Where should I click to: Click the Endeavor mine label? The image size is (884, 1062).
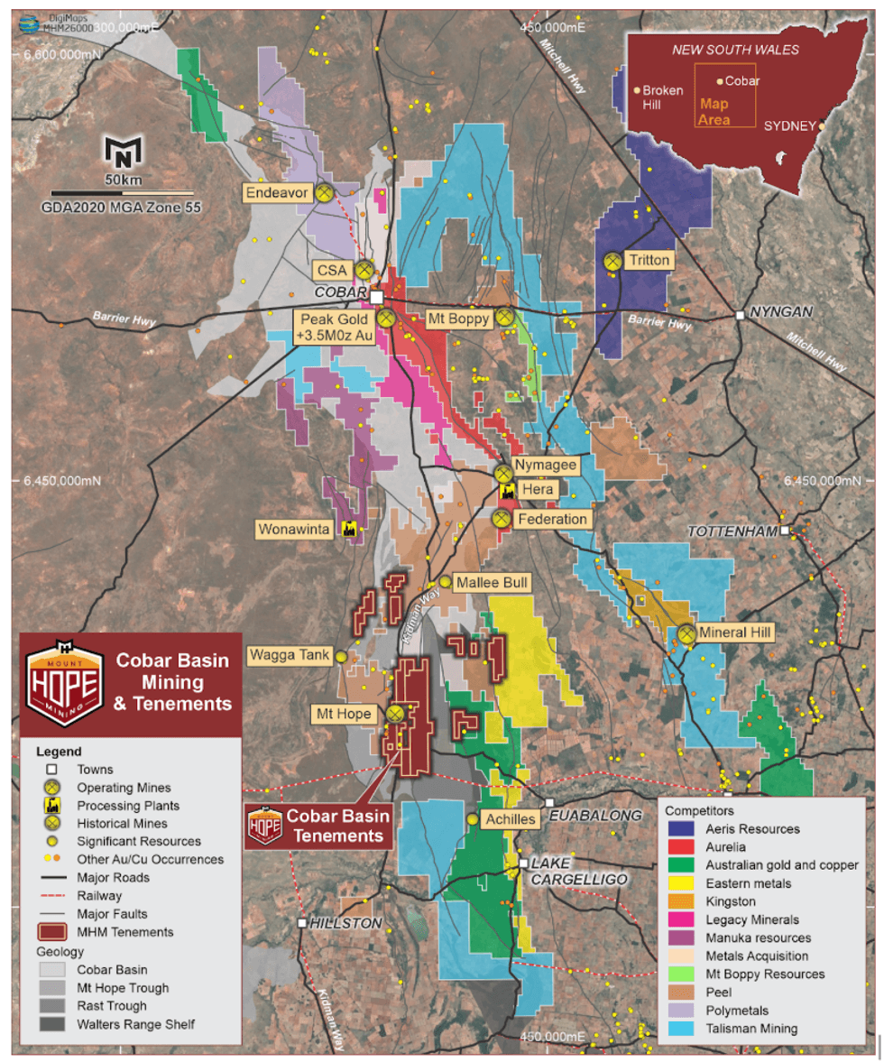pyautogui.click(x=278, y=192)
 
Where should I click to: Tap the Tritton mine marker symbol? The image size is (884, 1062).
pyautogui.click(x=612, y=261)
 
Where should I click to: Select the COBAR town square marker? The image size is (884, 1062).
pyautogui.click(x=377, y=297)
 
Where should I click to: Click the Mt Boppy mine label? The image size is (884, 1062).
pyautogui.click(x=458, y=318)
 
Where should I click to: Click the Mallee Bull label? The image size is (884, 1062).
pyautogui.click(x=492, y=583)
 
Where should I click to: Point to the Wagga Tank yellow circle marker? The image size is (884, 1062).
pyautogui.click(x=341, y=657)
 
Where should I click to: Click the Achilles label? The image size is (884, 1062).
pyautogui.click(x=510, y=819)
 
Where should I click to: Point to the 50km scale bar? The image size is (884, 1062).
pyautogui.click(x=123, y=192)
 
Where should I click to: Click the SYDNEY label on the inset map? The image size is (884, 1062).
pyautogui.click(x=789, y=126)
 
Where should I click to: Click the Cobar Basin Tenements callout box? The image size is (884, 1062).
pyautogui.click(x=320, y=826)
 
